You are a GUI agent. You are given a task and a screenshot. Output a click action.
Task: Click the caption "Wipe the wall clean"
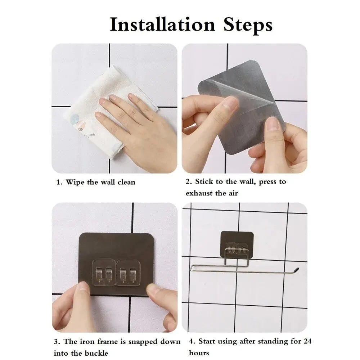point(96,182)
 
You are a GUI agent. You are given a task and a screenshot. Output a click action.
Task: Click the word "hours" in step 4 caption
point(199,352)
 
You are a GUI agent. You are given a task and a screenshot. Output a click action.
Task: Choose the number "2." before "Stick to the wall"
point(189,182)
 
